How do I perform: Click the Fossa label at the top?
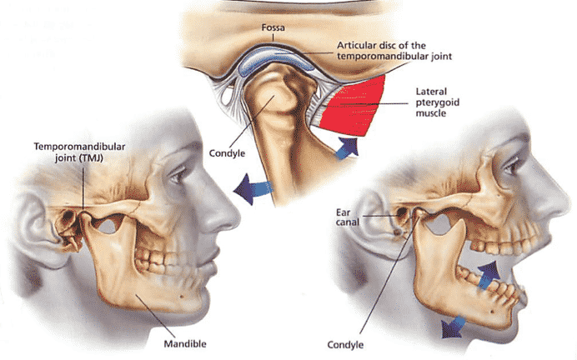click(273, 27)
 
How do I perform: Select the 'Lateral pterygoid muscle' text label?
click(438, 102)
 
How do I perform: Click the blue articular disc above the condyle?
click(274, 59)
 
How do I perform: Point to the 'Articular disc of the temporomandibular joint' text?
click(394, 51)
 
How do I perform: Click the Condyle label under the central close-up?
click(227, 153)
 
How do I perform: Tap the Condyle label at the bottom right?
click(345, 345)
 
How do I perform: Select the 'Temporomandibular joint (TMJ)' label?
click(79, 152)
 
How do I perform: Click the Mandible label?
click(185, 344)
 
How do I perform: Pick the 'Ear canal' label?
click(347, 217)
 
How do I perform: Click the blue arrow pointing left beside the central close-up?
click(253, 188)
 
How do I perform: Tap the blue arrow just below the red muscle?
click(348, 147)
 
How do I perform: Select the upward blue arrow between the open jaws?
click(489, 274)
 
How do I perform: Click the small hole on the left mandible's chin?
click(182, 297)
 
